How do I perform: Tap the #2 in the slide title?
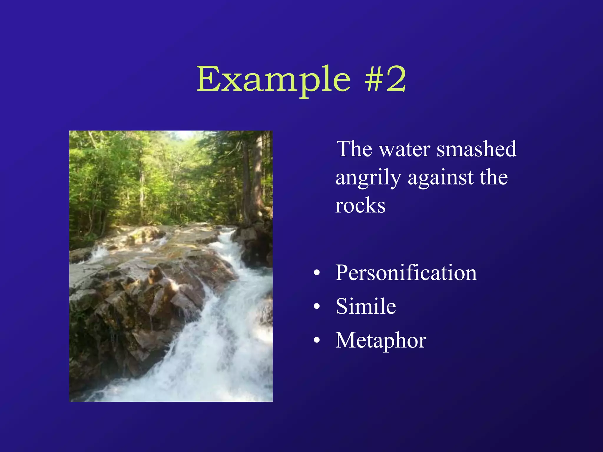pos(386,79)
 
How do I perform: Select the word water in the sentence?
pos(405,149)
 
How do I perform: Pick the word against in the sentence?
pos(440,178)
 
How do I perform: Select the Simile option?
pos(366,306)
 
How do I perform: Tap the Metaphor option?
pos(381,340)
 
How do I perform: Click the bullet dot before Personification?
pos(317,273)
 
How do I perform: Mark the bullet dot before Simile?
pos(317,307)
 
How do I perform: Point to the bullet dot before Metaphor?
pos(317,340)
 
